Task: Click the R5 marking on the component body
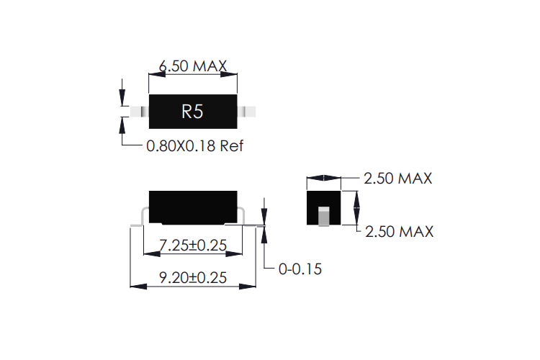click(192, 112)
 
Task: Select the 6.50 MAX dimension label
click(192, 66)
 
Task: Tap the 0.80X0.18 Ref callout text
click(195, 146)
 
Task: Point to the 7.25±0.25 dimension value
click(192, 246)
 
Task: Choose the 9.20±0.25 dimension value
click(192, 278)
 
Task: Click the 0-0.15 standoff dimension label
click(300, 269)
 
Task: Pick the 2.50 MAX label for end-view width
click(398, 179)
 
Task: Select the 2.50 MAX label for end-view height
click(400, 232)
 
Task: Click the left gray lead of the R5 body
click(135, 112)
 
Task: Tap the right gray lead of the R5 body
click(250, 112)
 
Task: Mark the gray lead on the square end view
click(323, 216)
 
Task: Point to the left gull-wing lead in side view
click(142, 215)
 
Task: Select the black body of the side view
click(192, 205)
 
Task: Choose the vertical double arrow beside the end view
click(356, 207)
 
